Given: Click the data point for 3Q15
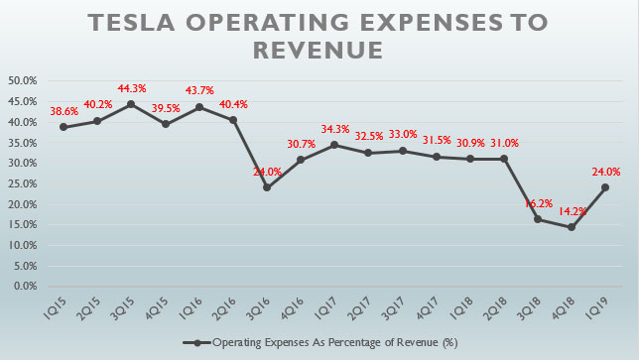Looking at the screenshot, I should (126, 104).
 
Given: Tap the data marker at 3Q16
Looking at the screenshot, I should (238, 187).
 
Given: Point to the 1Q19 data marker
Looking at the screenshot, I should (602, 187).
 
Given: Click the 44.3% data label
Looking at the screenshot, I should (126, 85).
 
